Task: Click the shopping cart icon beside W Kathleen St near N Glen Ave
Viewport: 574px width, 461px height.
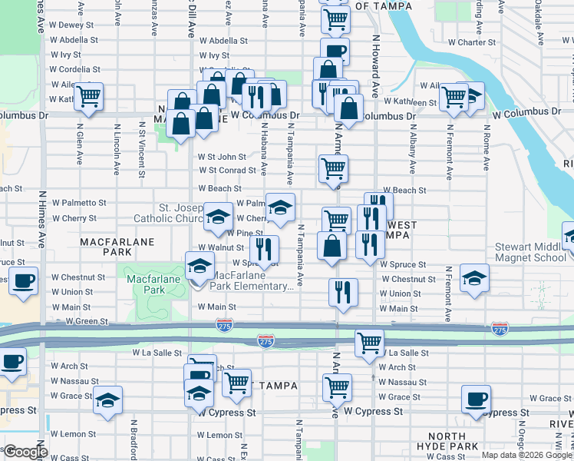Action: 89,97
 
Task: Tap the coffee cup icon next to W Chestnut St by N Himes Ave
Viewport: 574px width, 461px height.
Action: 24,281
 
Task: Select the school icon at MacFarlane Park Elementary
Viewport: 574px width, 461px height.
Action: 200,267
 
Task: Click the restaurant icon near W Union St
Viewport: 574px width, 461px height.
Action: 342,292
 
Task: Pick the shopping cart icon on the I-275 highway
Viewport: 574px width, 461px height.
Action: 369,343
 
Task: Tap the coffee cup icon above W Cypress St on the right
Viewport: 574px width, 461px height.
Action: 476,400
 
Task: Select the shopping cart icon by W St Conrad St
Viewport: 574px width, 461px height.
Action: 333,167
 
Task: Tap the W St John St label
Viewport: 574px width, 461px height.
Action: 222,157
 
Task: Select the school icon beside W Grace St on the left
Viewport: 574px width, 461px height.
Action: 107,400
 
